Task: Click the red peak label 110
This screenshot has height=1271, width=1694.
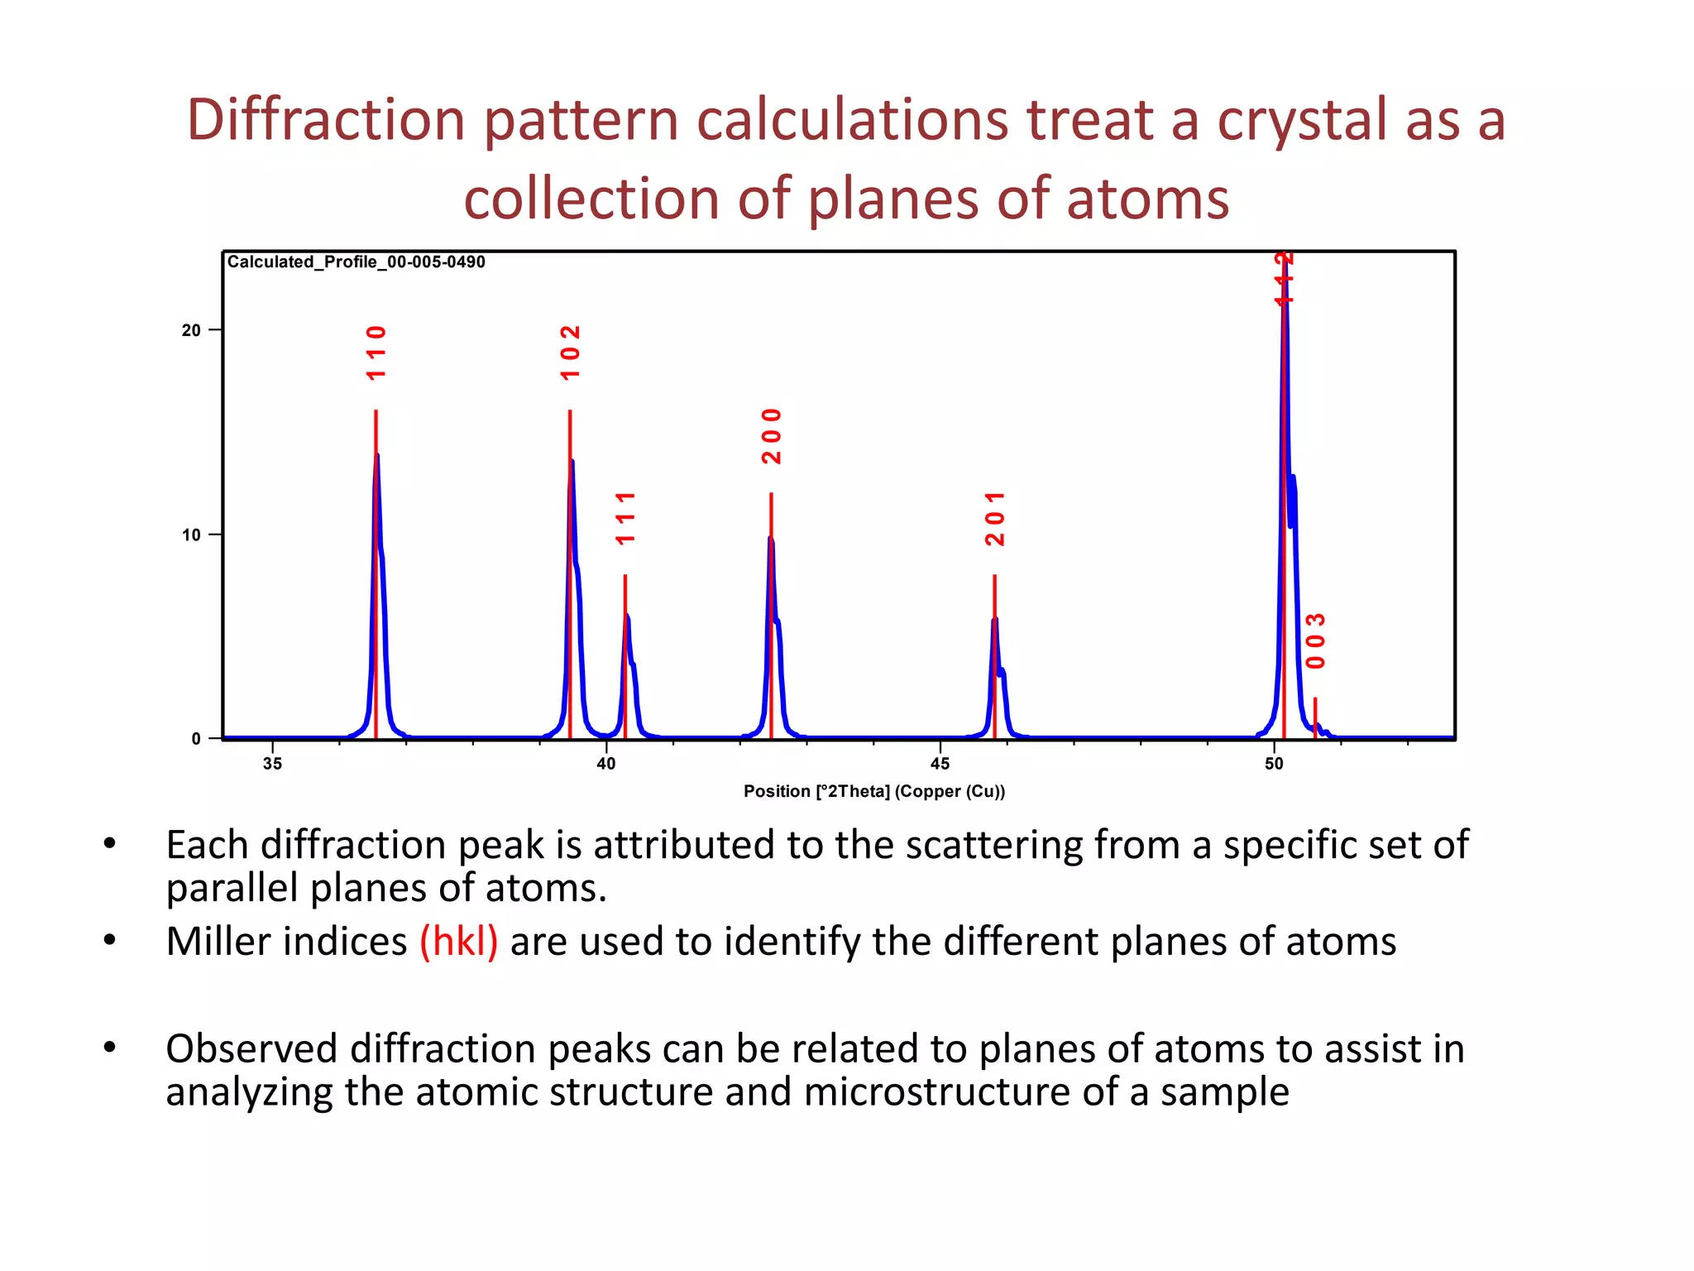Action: pos(376,353)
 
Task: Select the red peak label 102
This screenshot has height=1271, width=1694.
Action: pos(571,353)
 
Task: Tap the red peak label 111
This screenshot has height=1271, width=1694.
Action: pos(626,519)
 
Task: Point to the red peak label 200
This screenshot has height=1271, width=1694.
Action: pos(772,436)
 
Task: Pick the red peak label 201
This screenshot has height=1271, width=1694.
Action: pos(995,519)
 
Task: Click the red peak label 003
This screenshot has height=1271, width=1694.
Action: pos(1316,641)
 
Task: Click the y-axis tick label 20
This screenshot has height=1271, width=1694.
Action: pos(191,330)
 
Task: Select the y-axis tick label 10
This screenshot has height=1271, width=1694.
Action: pos(191,535)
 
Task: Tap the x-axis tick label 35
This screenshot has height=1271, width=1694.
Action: pos(272,764)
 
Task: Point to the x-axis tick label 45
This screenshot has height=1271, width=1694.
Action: pos(940,764)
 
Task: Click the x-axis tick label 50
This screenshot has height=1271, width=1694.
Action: pos(1274,764)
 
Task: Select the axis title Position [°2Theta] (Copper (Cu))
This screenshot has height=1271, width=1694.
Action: pos(874,791)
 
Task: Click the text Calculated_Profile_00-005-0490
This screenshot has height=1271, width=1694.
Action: pos(356,262)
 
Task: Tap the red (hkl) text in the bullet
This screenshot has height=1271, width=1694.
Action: pos(458,942)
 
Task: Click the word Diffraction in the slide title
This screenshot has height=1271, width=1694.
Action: pos(326,120)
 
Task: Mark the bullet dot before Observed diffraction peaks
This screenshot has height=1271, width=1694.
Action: pos(110,1048)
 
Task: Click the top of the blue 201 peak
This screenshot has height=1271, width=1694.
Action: pos(995,619)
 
